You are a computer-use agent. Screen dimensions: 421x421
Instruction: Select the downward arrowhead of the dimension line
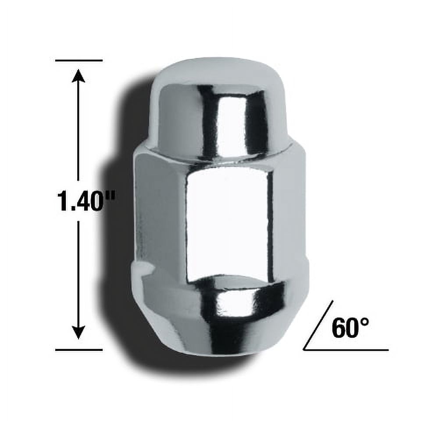78,332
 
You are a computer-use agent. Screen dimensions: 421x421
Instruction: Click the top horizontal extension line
79,60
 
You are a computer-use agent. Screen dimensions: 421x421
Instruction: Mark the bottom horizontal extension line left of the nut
79,350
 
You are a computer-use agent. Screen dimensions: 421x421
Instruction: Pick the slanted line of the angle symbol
318,325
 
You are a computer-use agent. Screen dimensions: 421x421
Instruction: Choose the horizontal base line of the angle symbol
346,350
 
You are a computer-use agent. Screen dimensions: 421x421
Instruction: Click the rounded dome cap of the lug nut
219,101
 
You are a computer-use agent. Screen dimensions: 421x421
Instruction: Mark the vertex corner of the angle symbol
304,350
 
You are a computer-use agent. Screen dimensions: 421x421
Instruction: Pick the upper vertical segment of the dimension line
78,132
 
